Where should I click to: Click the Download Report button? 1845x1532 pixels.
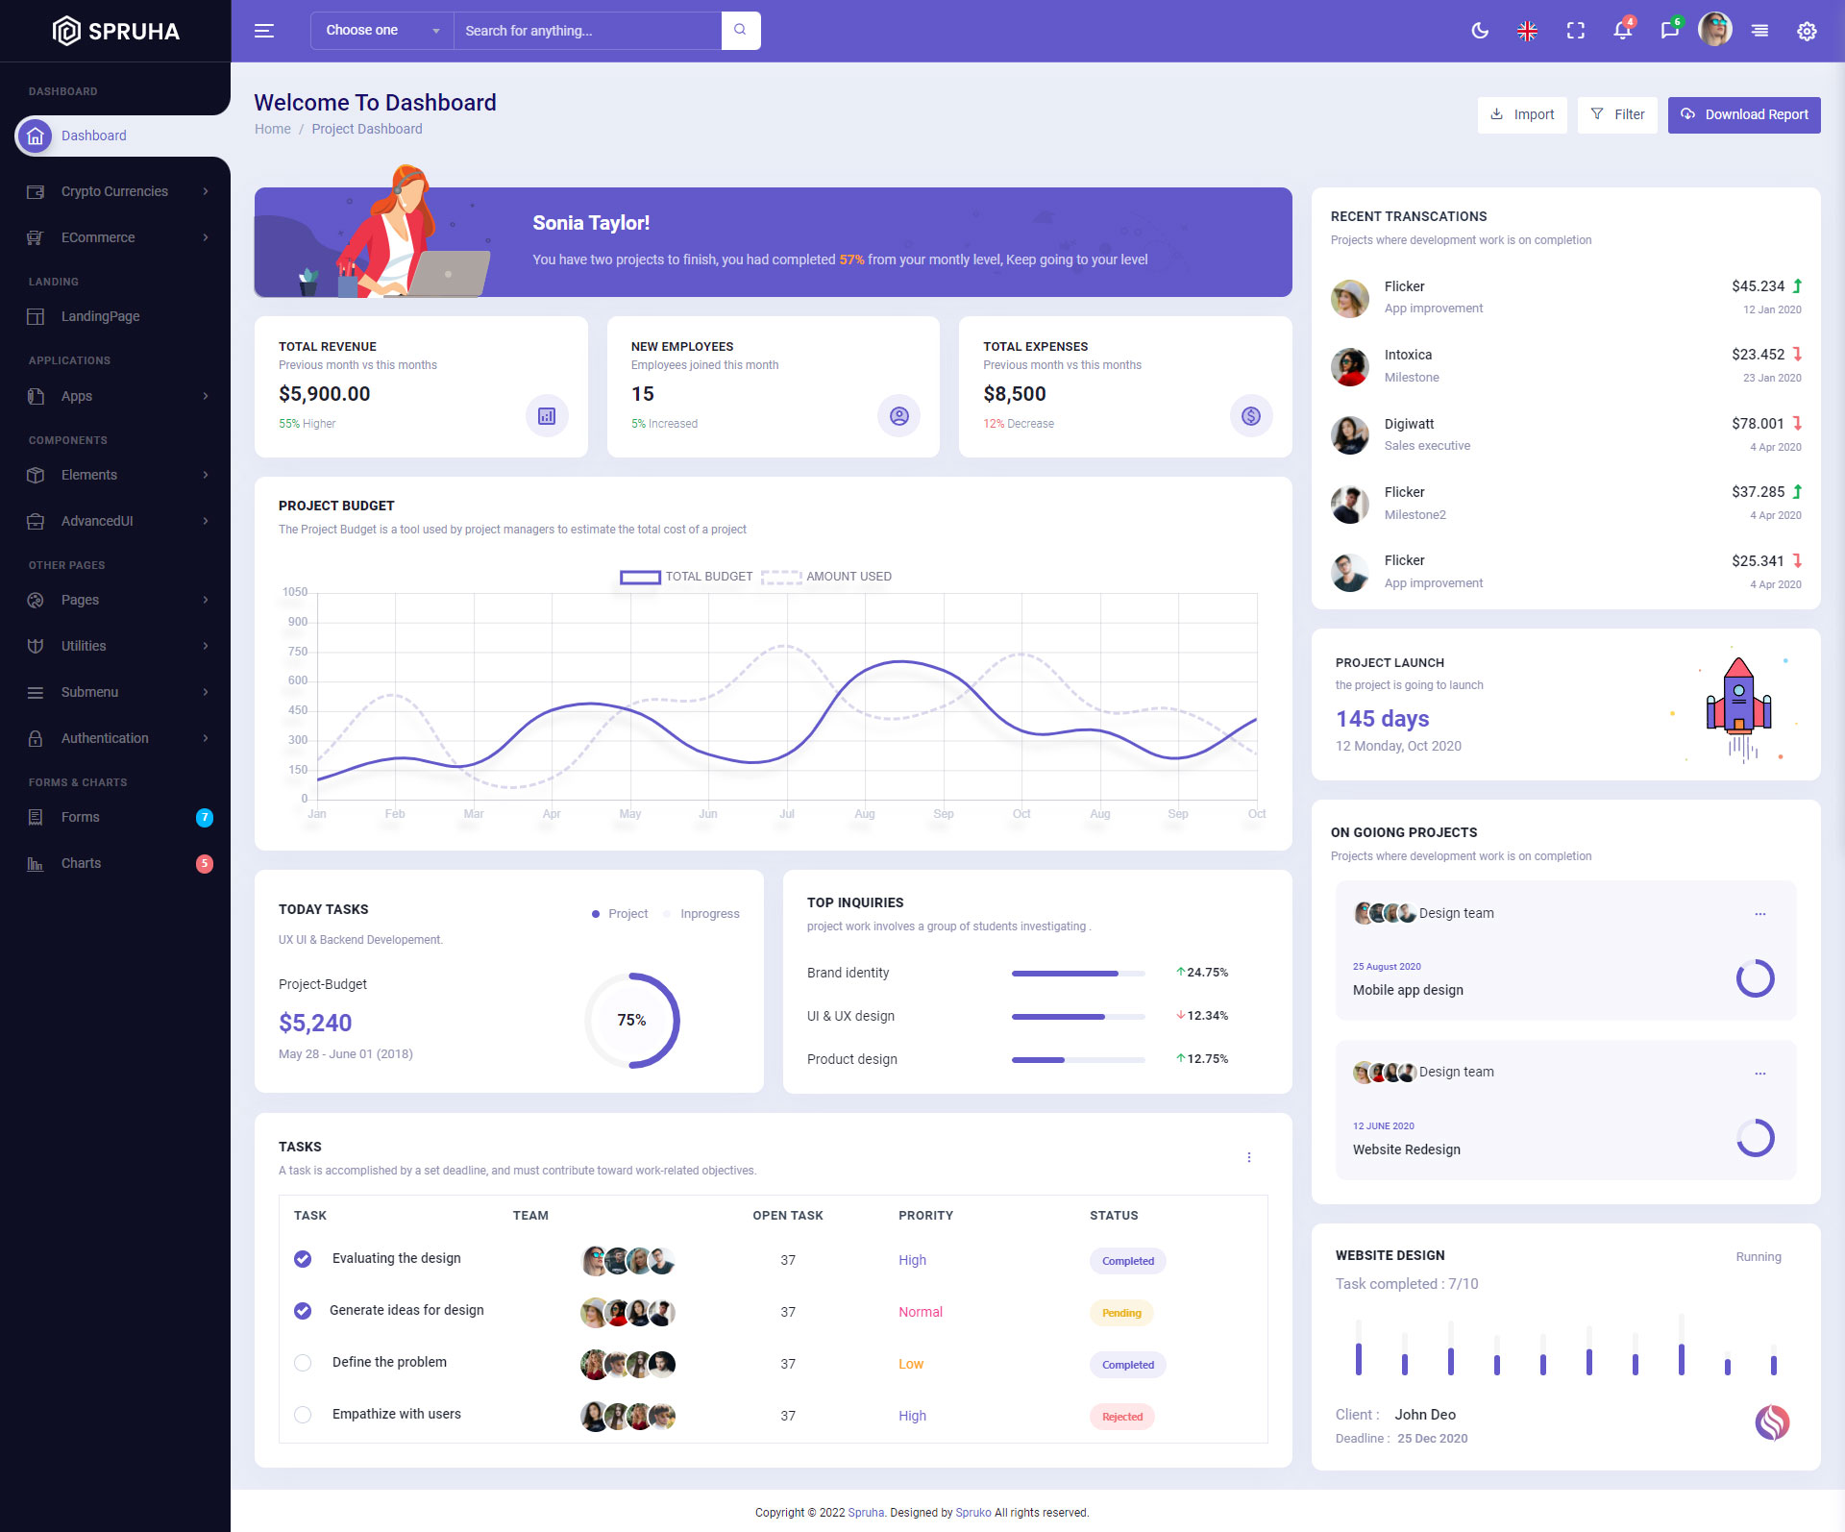1743,114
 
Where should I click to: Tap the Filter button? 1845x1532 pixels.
1617,114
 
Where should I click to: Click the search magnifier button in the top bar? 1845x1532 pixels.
740,30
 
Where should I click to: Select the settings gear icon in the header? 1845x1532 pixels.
1807,31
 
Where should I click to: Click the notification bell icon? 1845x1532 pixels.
1622,31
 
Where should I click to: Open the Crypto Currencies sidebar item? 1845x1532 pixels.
114,191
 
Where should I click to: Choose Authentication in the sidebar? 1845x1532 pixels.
105,738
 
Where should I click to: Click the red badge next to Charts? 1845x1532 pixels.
204,863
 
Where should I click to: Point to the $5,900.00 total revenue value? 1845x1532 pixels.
325,394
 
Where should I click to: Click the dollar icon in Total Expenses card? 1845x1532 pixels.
1250,416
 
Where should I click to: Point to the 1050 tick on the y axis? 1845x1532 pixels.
295,592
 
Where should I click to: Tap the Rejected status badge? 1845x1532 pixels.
1121,1417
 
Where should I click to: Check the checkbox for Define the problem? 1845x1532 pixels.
303,1363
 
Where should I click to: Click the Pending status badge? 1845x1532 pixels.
1121,1313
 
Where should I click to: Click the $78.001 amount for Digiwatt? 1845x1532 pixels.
1758,424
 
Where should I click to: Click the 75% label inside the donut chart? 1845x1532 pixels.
631,1020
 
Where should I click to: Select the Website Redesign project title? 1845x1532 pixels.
1406,1149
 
